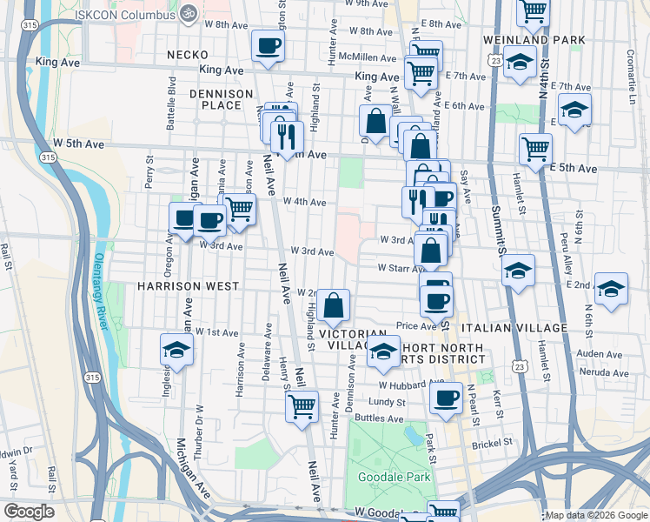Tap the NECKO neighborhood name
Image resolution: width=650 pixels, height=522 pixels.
(188, 55)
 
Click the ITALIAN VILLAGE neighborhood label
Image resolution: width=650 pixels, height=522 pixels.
(514, 327)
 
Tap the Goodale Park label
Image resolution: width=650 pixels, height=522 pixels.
(383, 478)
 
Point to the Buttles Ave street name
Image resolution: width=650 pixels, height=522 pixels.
(381, 418)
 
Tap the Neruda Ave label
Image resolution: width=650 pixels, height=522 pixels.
(603, 372)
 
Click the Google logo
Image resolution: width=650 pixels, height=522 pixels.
(29, 512)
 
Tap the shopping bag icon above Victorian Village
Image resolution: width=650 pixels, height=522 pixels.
(333, 305)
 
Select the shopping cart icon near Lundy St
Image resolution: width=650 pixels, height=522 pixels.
(302, 406)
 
